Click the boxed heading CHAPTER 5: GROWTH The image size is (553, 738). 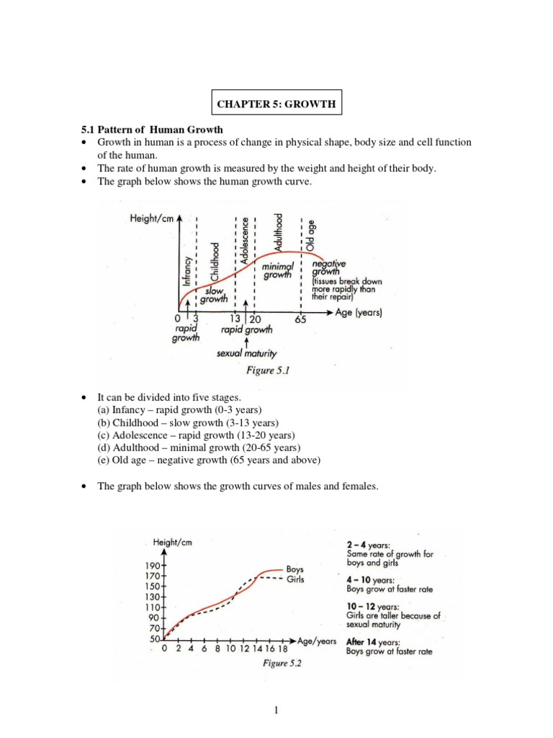[x=276, y=104]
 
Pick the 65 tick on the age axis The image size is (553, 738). [x=300, y=319]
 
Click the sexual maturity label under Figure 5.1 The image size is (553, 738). [x=246, y=354]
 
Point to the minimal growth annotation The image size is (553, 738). [x=277, y=271]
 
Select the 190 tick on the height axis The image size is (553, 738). [x=154, y=566]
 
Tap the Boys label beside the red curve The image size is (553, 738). [x=295, y=569]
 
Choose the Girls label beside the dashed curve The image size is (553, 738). [x=295, y=579]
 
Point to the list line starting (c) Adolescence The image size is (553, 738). [x=181, y=435]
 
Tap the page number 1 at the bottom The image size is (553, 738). [x=276, y=711]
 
